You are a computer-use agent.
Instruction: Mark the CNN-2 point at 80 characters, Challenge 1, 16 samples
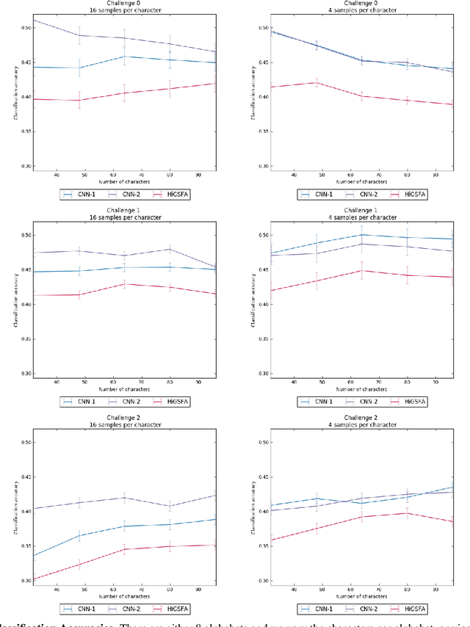coord(170,249)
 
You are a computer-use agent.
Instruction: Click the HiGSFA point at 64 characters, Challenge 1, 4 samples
coord(361,270)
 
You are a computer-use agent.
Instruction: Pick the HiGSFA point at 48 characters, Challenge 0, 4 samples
coord(316,82)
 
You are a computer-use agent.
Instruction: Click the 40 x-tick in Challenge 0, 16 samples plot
coord(57,175)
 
